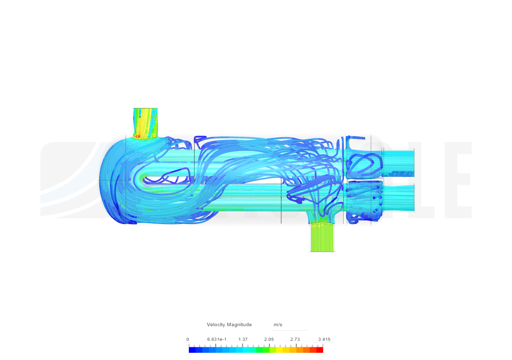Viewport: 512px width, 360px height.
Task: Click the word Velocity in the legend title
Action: tap(216, 324)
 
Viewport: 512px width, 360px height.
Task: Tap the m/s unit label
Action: tap(278, 324)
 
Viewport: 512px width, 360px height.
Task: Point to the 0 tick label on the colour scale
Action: tap(188, 339)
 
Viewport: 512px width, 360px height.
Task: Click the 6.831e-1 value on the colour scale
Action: tap(217, 339)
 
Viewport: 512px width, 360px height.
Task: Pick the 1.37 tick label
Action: tap(243, 339)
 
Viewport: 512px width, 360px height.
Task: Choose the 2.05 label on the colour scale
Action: tap(269, 339)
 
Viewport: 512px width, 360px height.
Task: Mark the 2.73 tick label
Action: tap(295, 339)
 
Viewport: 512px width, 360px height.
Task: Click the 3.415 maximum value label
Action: tap(324, 339)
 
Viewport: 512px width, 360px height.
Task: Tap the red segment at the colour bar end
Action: tap(320, 350)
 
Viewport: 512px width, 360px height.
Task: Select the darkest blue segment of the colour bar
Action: tap(192, 350)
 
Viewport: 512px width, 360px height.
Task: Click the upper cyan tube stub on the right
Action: tap(398, 162)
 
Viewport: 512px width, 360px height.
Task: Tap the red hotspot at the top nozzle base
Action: tap(137, 136)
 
